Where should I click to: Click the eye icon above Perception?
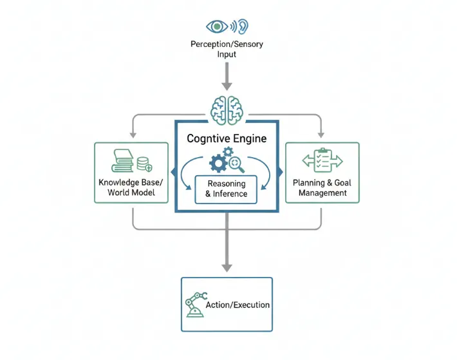pyautogui.click(x=217, y=26)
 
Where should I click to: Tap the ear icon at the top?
pyautogui.click(x=242, y=26)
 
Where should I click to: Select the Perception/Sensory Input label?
pyautogui.click(x=227, y=50)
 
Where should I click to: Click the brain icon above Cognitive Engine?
pyautogui.click(x=227, y=106)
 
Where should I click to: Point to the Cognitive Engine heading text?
pyautogui.click(x=227, y=138)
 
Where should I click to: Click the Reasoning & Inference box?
pyautogui.click(x=227, y=189)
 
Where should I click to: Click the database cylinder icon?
pyautogui.click(x=144, y=163)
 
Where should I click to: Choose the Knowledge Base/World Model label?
pyautogui.click(x=131, y=187)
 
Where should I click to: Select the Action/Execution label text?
pyautogui.click(x=237, y=305)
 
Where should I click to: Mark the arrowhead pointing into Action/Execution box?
pyautogui.click(x=227, y=267)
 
